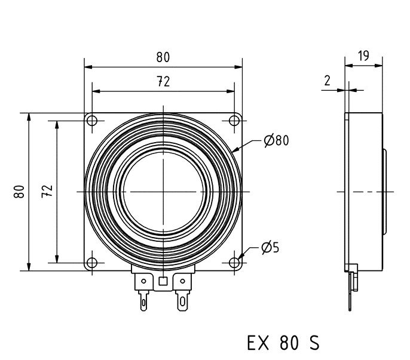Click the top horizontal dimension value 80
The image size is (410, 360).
pyautogui.click(x=163, y=57)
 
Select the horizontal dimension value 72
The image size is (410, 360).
pyautogui.click(x=163, y=82)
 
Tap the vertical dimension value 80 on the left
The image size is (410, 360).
pyautogui.click(x=20, y=192)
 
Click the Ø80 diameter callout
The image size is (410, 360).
pyautogui.click(x=276, y=141)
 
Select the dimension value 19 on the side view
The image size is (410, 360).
pyautogui.click(x=363, y=56)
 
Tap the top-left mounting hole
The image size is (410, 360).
pyautogui.click(x=91, y=121)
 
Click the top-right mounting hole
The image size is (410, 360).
pyautogui.click(x=234, y=121)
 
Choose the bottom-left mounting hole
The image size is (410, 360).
pyautogui.click(x=91, y=263)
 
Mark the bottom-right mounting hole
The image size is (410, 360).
pyautogui.click(x=234, y=263)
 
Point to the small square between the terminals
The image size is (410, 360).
pyautogui.click(x=163, y=281)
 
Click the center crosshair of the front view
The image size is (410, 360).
pyautogui.click(x=163, y=192)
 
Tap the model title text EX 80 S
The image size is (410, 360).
pyautogui.click(x=283, y=343)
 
